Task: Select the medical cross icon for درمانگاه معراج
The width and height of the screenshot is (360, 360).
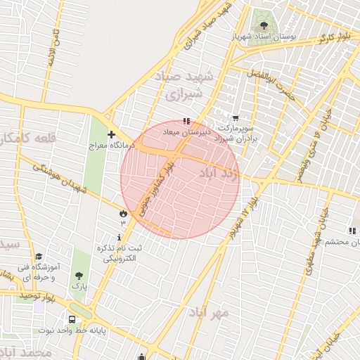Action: pos(111,134)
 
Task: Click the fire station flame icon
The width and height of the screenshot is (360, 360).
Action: pos(124,212)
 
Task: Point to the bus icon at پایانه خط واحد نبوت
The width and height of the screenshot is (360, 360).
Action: pos(73,319)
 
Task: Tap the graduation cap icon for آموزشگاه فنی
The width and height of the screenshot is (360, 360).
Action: pos(39,257)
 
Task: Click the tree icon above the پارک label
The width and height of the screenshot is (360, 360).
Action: pos(79,275)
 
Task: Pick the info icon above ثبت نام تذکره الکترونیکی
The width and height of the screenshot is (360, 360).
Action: pos(119,238)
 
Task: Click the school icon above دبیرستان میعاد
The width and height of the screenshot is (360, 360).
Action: pos(186,121)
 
